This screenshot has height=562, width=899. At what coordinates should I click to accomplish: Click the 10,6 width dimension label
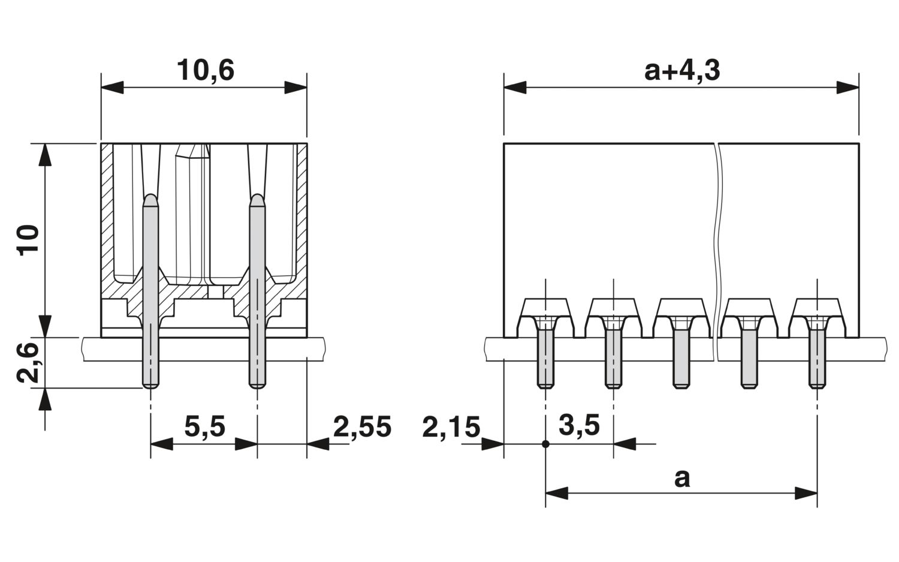(205, 70)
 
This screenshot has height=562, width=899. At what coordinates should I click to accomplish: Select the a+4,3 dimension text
(682, 71)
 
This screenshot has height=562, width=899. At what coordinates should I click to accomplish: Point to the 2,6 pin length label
(28, 362)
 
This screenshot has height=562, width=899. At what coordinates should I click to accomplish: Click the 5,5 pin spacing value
(205, 426)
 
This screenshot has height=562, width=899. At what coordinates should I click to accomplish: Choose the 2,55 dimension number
(362, 426)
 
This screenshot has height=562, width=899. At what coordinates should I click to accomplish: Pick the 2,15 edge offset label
(451, 426)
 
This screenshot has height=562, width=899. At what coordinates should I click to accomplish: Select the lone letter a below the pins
(682, 479)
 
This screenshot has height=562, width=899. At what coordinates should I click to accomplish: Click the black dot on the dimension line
(545, 444)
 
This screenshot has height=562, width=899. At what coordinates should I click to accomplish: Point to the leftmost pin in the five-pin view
(545, 358)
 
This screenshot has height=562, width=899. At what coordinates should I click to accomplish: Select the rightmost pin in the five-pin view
(817, 358)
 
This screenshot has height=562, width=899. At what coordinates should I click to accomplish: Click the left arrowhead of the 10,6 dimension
(112, 87)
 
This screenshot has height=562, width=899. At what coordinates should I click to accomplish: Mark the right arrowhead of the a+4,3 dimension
(847, 87)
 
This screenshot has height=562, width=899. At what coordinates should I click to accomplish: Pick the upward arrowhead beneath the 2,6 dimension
(45, 399)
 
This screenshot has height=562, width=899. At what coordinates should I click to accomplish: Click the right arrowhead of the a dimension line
(806, 493)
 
